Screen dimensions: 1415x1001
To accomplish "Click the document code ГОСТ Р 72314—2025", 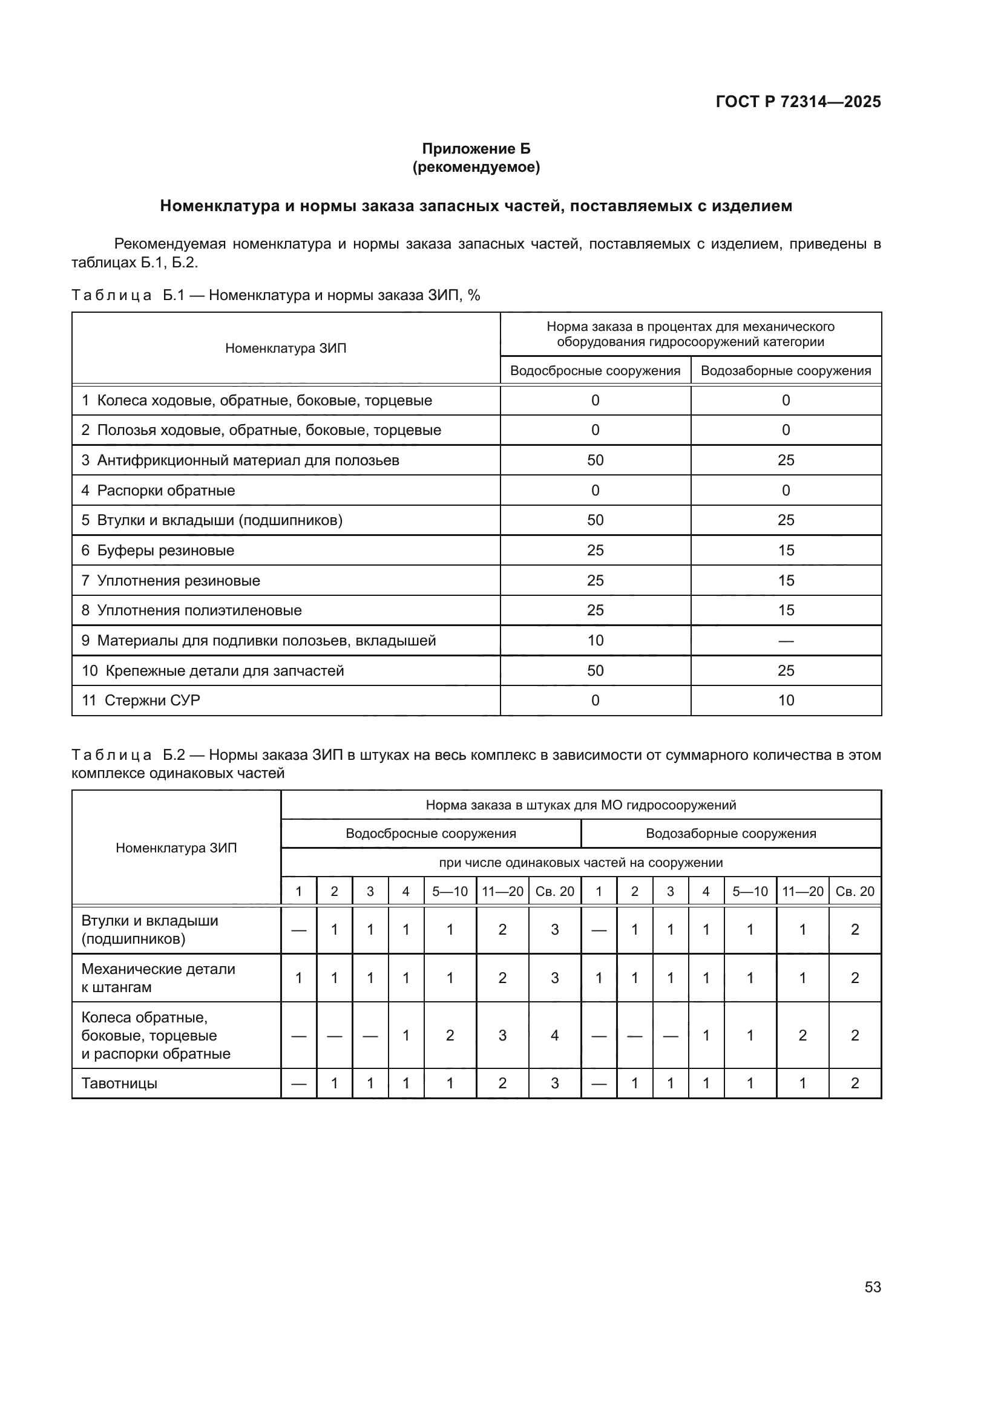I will pos(798,102).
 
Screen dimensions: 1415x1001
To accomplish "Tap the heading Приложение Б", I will pos(475,149).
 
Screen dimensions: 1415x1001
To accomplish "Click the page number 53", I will pos(872,1287).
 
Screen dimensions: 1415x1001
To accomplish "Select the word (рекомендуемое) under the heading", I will pos(475,167).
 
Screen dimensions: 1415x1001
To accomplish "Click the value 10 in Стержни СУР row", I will pos(786,700).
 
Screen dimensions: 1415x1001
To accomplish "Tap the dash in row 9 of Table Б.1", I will pos(786,641).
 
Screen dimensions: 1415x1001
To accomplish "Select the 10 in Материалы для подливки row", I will pos(595,640).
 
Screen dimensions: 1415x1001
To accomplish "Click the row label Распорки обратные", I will pos(165,491).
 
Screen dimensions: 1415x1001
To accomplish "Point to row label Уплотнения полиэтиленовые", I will pos(199,610).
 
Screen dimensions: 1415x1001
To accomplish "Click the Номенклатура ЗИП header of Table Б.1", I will pos(286,348).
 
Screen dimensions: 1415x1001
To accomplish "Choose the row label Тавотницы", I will pos(119,1083).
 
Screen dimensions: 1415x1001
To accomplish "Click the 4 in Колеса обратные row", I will pos(554,1035).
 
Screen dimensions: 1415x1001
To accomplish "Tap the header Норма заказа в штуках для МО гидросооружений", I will pos(580,805).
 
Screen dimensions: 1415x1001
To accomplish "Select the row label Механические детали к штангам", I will pos(158,978).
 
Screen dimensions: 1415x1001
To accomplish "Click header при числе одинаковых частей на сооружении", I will pos(580,863).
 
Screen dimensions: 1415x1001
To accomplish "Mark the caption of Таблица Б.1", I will pos(275,295).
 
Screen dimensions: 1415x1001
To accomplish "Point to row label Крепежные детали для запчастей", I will pos(224,670).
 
